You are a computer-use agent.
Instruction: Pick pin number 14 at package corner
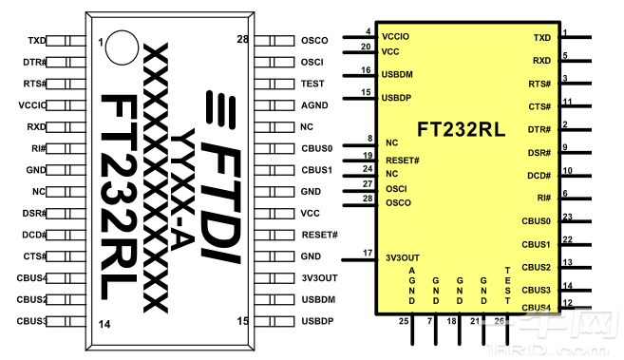tap(104, 324)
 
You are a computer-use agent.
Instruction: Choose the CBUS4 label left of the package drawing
tap(31, 278)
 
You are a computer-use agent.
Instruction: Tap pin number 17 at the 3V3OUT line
tap(367, 252)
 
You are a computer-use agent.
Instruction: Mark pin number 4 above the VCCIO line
tap(369, 31)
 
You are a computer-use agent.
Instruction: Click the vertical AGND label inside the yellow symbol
tap(411, 287)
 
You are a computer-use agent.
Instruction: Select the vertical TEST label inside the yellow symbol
tap(508, 287)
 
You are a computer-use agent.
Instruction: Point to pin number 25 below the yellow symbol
tap(404, 322)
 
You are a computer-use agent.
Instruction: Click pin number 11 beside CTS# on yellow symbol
tap(567, 102)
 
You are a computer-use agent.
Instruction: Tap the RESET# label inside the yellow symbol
tap(403, 160)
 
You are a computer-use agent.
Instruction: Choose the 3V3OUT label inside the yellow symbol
tap(402, 258)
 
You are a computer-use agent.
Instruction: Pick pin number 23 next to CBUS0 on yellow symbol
tap(567, 218)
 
